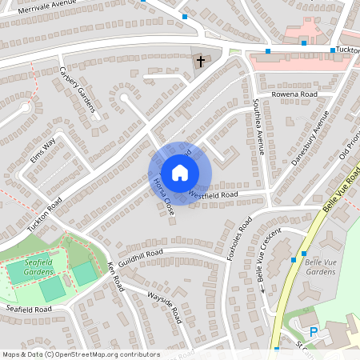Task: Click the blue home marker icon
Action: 180,172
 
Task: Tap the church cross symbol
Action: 200,61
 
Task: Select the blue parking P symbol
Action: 314,331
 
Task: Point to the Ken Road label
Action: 115,275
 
